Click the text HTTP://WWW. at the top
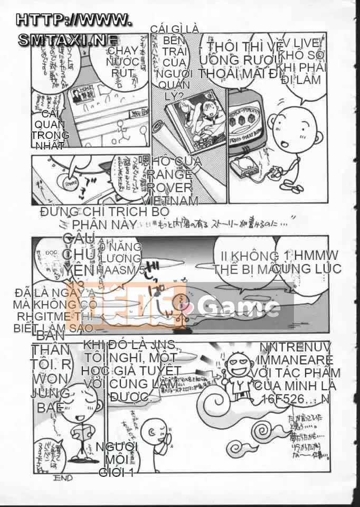74,20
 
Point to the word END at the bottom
63,478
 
